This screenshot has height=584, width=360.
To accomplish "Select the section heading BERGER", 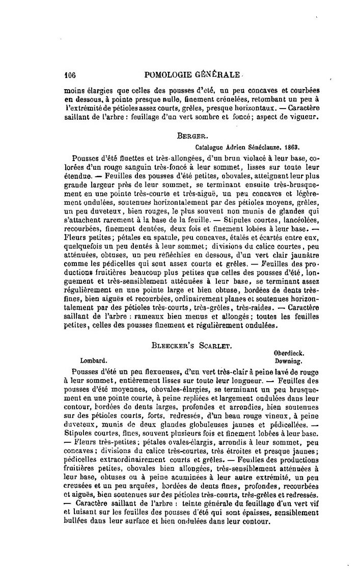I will click(189, 137).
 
